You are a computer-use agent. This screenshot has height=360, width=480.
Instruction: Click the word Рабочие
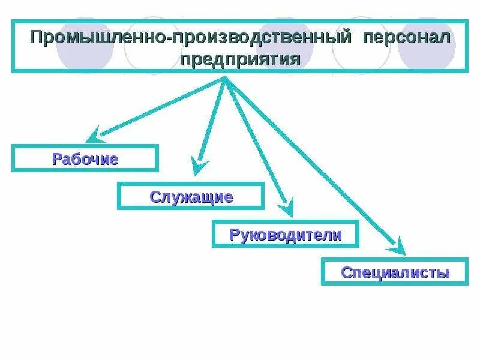coord(85,159)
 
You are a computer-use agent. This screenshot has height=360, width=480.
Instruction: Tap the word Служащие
coord(191,197)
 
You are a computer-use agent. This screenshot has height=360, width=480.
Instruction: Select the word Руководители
coord(286,235)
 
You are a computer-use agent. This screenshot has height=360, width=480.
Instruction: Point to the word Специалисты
coord(395,273)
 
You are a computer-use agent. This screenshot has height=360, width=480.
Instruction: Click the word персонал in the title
coord(406,38)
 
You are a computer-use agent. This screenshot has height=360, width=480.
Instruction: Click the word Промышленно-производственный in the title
coord(191,38)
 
